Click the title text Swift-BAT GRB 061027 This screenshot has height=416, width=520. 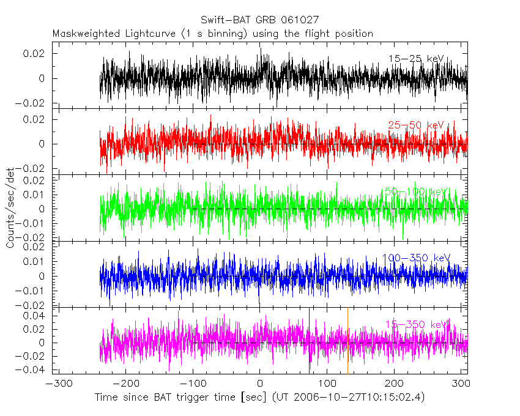259,21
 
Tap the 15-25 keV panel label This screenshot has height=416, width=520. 416,59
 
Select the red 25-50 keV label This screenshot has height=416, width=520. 416,125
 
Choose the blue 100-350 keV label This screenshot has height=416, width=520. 416,258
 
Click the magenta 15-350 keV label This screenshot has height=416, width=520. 416,324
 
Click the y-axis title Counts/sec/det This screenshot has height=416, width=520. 10,209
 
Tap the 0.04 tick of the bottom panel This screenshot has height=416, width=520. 37,316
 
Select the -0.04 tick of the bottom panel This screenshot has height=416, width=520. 35,370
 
